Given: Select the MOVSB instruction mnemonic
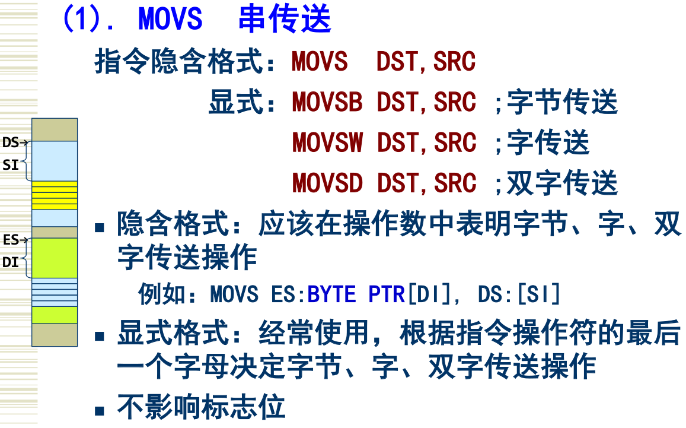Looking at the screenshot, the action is [327, 103].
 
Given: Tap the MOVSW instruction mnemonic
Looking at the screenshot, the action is [327, 143].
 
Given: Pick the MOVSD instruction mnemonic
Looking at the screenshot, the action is [327, 183].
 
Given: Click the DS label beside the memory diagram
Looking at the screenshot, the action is [11, 142].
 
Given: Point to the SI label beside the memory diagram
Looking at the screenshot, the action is [11, 165].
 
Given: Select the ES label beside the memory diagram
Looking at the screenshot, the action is [11, 240].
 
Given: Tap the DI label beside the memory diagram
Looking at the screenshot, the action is [11, 262].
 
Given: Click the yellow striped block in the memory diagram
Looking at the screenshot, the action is [55, 195].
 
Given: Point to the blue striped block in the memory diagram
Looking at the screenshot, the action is [55, 292].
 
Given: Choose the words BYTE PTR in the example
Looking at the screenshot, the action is [356, 294].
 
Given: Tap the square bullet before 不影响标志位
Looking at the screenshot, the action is [101, 410].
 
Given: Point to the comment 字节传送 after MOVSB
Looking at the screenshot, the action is [562, 103].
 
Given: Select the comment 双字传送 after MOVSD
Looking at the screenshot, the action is [562, 183].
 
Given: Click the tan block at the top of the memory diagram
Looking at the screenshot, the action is [55, 129].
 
